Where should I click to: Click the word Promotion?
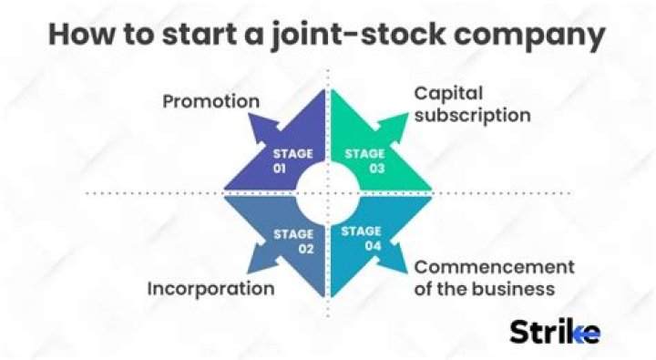tap(210, 100)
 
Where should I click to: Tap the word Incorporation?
tap(210, 290)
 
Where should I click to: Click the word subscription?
tap(472, 116)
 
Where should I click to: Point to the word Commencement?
tap(494, 268)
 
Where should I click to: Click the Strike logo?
tap(554, 331)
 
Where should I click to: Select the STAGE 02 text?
tap(292, 242)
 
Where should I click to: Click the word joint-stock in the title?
tap(349, 36)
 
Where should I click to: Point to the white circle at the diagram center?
tap(327, 192)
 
